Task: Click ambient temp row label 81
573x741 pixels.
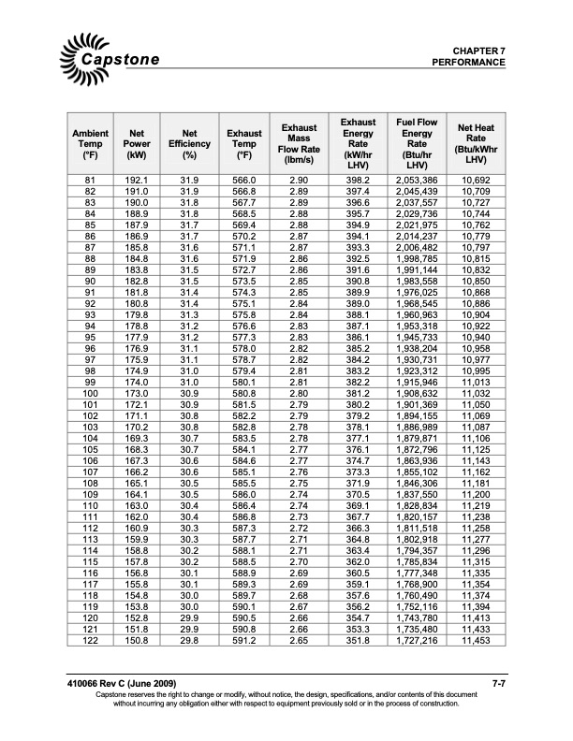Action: pos(91,179)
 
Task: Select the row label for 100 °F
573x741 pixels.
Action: pos(91,396)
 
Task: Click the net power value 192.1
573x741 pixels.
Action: pos(137,179)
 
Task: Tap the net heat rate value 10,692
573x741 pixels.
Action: pos(476,179)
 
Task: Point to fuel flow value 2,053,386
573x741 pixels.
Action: pos(417,179)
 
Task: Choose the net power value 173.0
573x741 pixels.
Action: pos(137,396)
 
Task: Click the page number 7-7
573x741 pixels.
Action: pos(499,687)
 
